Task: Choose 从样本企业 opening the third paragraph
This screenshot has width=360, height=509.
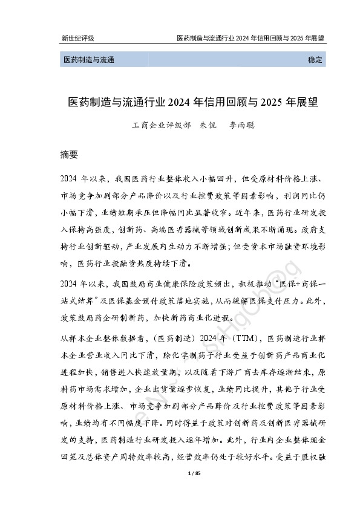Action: pyautogui.click(x=78, y=337)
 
